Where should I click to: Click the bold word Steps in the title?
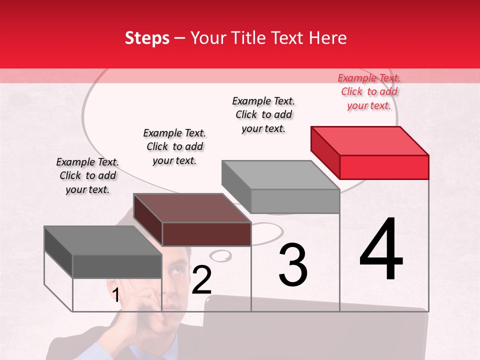147,38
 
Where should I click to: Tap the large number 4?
381,250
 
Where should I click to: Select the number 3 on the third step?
293,265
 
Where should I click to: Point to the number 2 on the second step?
201,280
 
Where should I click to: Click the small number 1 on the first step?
115,295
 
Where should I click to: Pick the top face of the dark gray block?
103,240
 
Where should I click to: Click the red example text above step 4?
369,91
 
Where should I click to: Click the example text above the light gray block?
263,114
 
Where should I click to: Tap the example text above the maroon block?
174,146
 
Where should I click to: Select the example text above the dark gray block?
87,175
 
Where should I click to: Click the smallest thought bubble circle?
220,256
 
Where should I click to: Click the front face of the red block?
384,167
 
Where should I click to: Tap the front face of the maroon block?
206,234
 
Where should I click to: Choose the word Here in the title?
328,38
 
